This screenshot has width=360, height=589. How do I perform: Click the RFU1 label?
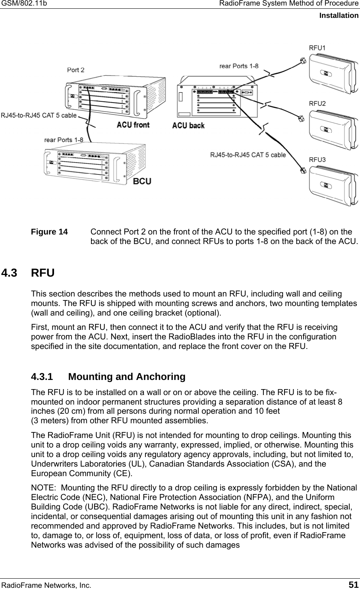[317, 48]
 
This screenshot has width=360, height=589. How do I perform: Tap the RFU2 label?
[317, 103]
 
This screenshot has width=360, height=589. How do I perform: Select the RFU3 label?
[317, 159]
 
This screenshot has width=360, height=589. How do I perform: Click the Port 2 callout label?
[75, 70]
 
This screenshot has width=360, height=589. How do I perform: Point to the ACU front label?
[133, 125]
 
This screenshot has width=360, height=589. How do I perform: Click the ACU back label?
[188, 126]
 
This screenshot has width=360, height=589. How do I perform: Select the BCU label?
[142, 181]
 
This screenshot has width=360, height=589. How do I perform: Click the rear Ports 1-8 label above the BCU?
[63, 140]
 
